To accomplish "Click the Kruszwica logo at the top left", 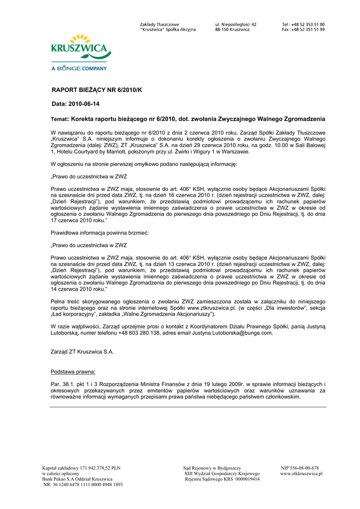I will pos(80,47).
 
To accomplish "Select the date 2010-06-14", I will pos(83,104).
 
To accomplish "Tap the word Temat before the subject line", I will pos(60,120).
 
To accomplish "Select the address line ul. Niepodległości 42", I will pos(236,24).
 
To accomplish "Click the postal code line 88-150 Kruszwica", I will pos(232,30).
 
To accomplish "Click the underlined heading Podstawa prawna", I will pos(74,372).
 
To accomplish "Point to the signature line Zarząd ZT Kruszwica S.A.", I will pos(83,352).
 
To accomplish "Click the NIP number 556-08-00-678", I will pos(300,468).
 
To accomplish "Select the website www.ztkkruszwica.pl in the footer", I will pos(301,474).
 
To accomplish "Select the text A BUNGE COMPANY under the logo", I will pos(80,68).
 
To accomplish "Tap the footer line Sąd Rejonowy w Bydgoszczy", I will pos(212,468).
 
